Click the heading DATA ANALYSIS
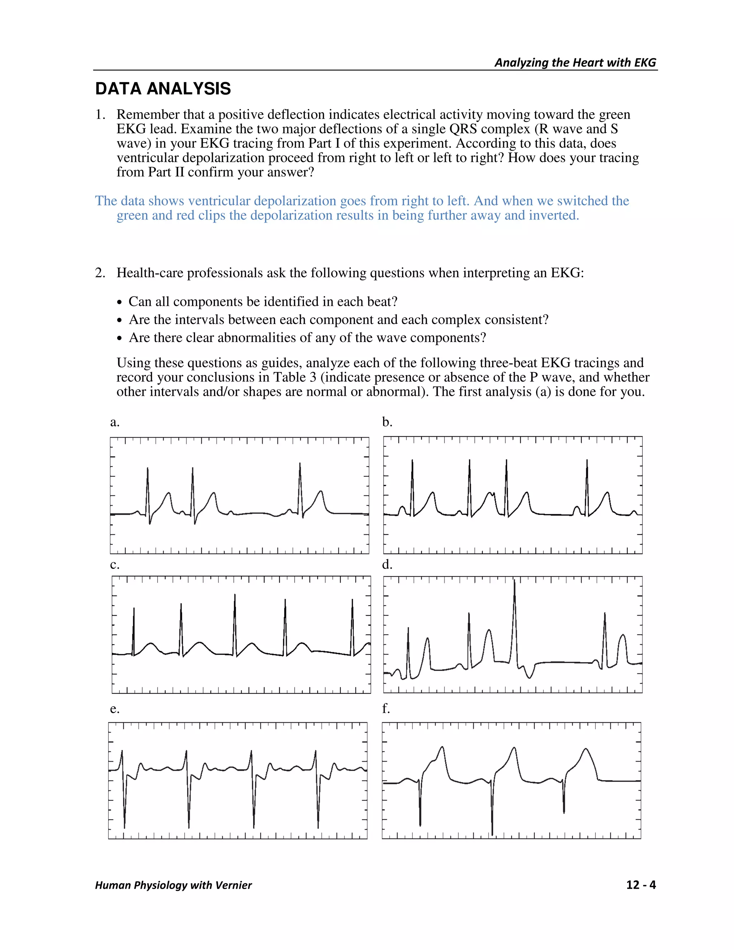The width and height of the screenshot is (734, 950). click(163, 89)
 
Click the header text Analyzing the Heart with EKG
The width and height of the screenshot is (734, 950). click(575, 63)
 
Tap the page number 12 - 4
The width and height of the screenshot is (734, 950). click(640, 885)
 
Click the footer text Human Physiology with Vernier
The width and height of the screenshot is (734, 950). click(173, 885)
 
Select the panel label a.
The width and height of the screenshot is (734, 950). click(114, 422)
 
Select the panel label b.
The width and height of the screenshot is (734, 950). click(387, 422)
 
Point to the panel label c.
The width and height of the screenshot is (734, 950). click(114, 565)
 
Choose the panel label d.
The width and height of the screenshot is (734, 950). click(387, 565)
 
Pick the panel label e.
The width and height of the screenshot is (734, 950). click(114, 709)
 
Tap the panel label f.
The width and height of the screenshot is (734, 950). click(386, 709)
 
